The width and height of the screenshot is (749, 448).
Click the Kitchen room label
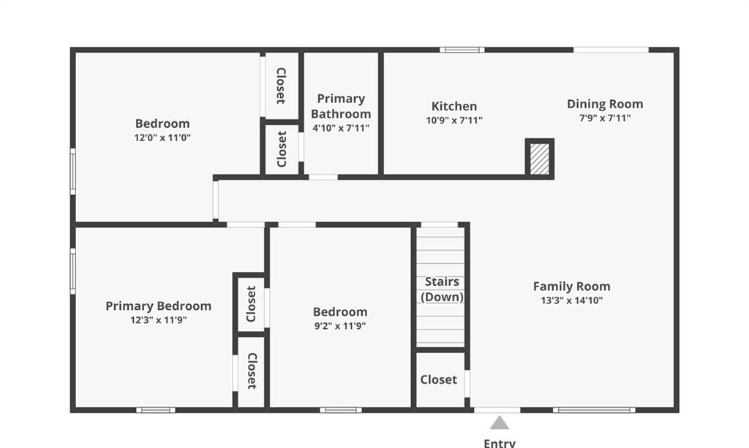click(453, 106)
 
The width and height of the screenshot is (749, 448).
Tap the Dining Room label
click(605, 104)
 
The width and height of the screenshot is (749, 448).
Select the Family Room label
click(572, 286)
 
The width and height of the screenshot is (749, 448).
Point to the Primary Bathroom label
click(341, 107)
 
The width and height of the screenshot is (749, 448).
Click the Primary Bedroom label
click(159, 305)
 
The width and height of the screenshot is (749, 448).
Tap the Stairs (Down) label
click(443, 289)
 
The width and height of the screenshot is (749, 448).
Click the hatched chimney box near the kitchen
click(540, 159)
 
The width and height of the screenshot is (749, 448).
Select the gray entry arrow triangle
click(499, 423)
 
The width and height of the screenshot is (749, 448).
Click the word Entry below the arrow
click(500, 443)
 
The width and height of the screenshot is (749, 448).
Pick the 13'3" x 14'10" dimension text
click(572, 300)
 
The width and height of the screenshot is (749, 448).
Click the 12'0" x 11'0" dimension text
click(162, 138)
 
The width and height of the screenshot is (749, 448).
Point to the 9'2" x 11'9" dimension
click(340, 326)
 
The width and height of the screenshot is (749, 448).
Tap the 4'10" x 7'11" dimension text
click(341, 128)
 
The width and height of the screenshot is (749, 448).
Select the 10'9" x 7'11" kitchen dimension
click(454, 121)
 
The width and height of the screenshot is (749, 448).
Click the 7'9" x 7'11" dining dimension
click(605, 118)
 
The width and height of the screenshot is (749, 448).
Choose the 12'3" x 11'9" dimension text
click(159, 320)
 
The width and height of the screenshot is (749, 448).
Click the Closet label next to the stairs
click(439, 380)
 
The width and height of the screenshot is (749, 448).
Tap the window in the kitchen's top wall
click(462, 50)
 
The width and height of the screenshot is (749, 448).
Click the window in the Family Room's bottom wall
click(594, 410)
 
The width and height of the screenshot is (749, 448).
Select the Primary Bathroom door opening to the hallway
click(323, 177)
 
